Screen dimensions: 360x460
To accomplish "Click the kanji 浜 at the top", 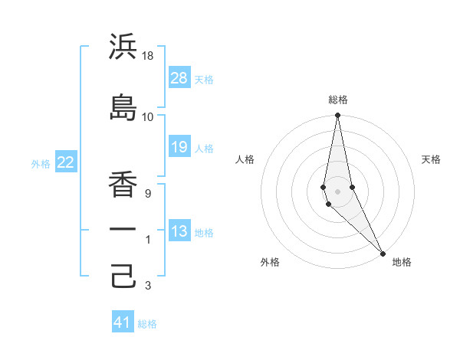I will [x=123, y=47].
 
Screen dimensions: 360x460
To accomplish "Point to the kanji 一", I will [x=123, y=228].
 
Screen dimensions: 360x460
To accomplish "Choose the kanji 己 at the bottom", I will [x=123, y=275].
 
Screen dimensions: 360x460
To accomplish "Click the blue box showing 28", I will [x=179, y=78].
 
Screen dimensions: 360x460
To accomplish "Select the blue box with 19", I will [x=179, y=147].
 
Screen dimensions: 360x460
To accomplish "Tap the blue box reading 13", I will [x=179, y=232].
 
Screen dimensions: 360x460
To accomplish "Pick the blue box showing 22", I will [x=66, y=162].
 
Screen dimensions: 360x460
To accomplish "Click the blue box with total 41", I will [x=123, y=322].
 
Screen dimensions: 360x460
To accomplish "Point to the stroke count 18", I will [x=148, y=57].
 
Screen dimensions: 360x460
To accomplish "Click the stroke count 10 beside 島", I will [x=148, y=116].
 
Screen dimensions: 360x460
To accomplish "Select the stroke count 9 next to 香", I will [x=148, y=194].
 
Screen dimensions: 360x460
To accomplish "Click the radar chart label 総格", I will [x=338, y=100].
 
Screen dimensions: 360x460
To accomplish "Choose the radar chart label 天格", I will [x=432, y=159].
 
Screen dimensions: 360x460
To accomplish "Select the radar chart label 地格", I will [x=402, y=262].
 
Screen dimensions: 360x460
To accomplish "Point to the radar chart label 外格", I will [x=270, y=262].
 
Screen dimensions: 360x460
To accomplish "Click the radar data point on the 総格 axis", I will [x=337, y=116].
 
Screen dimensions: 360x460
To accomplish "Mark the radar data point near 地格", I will [x=383, y=253].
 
